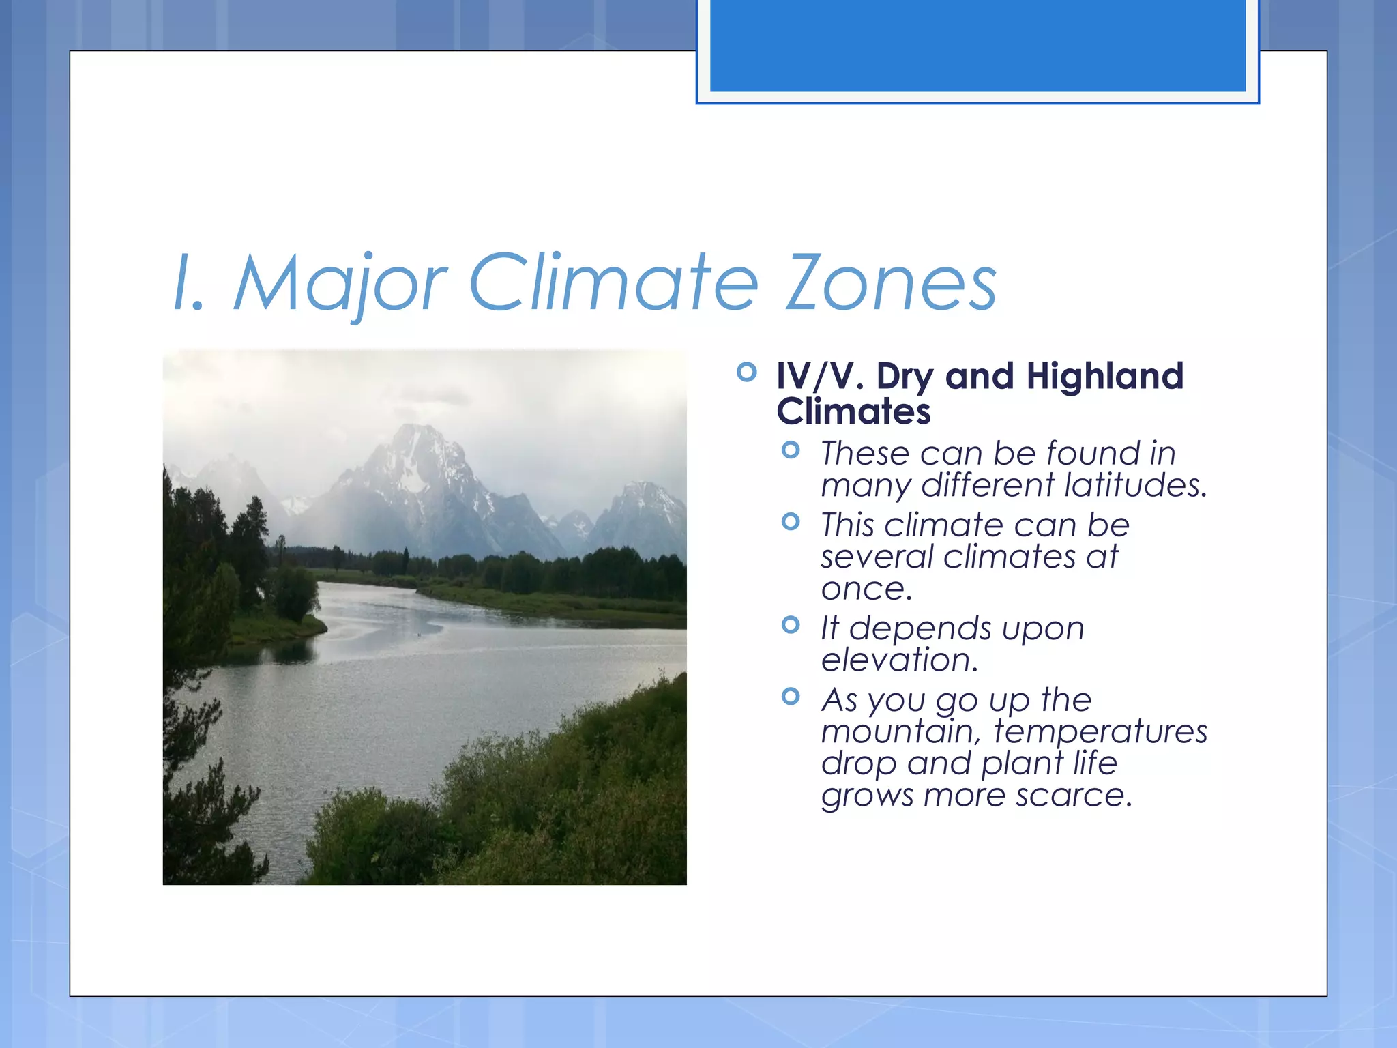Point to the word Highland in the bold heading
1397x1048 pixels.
(1104, 376)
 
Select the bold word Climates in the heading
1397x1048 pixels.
(853, 411)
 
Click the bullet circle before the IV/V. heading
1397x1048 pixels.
(747, 373)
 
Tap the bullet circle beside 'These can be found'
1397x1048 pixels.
(791, 450)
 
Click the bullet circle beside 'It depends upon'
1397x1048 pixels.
(791, 624)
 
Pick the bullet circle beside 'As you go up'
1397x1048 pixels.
(791, 697)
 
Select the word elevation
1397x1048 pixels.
(899, 660)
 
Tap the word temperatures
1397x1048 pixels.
(1100, 731)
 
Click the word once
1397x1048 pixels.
(866, 589)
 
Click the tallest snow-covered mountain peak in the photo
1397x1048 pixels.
(418, 437)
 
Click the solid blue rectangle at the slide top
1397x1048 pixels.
(977, 45)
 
